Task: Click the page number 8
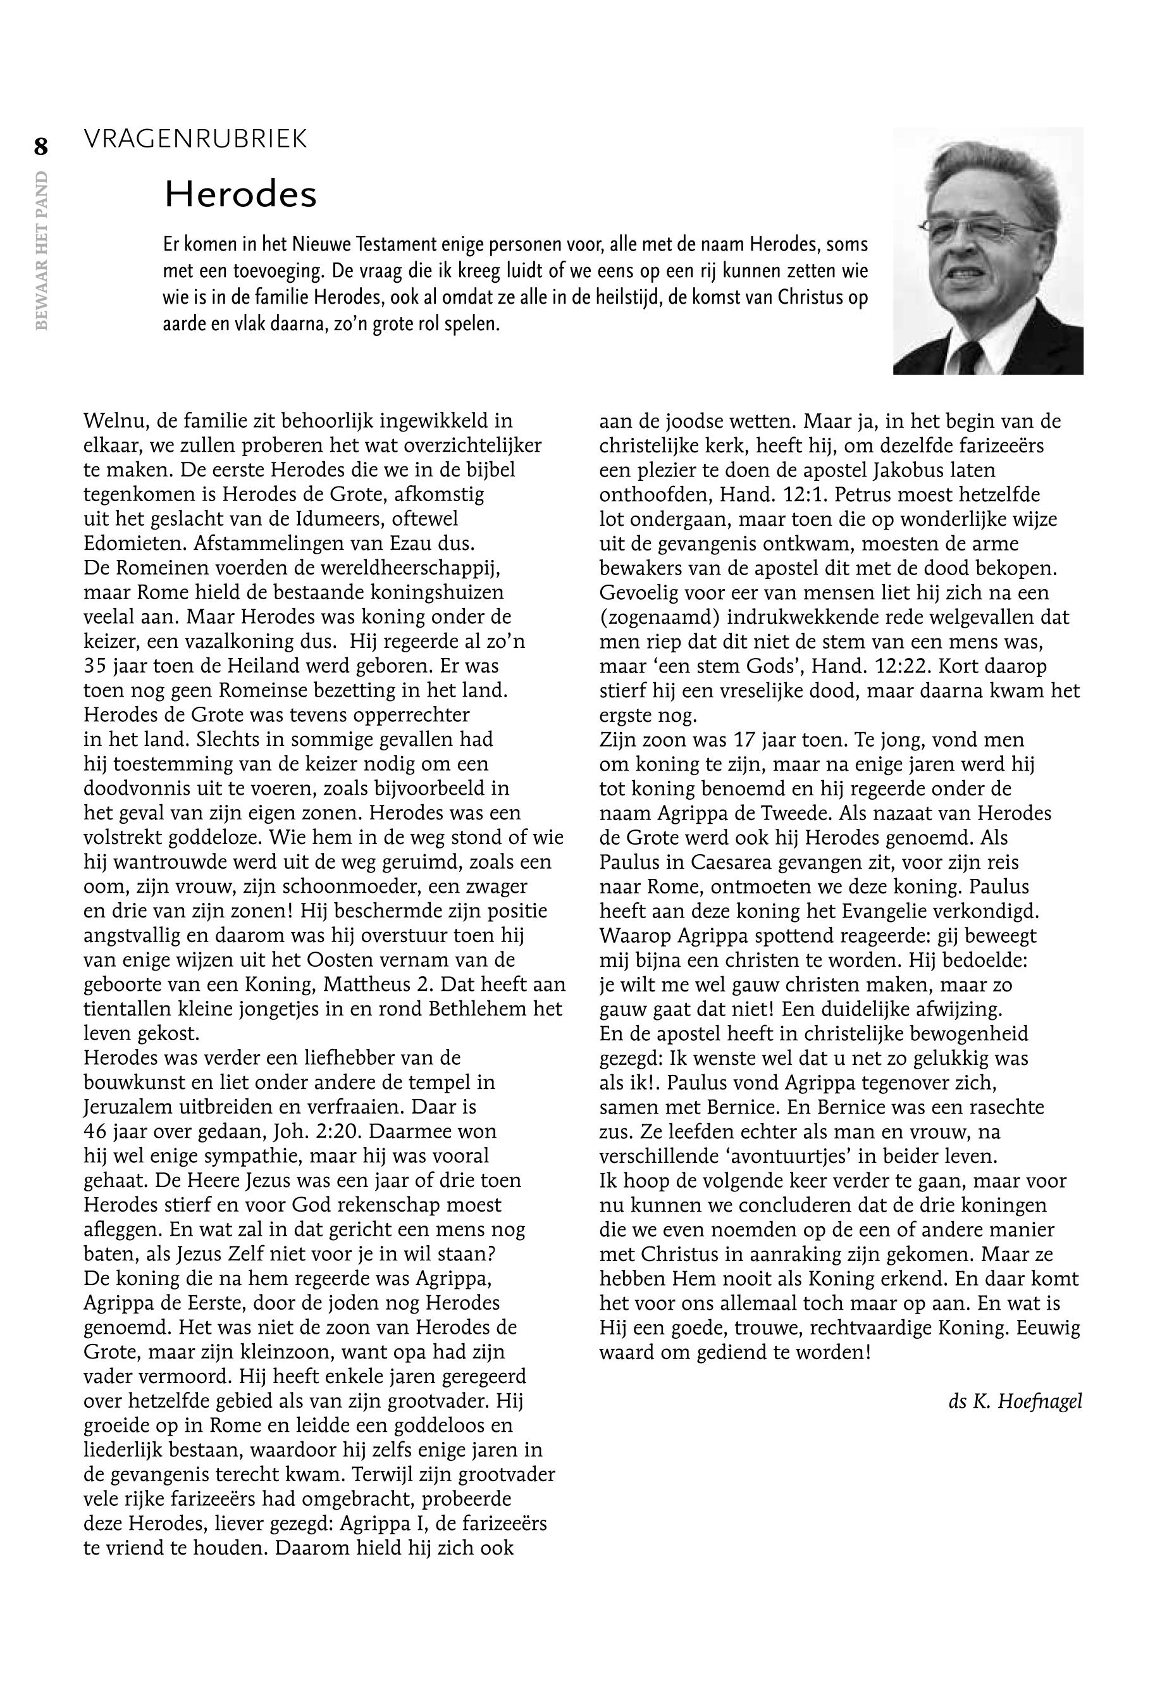click(40, 147)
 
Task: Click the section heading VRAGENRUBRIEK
click(195, 139)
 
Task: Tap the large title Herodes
click(240, 195)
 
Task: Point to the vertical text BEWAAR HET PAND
click(41, 250)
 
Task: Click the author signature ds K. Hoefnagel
click(1014, 1401)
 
